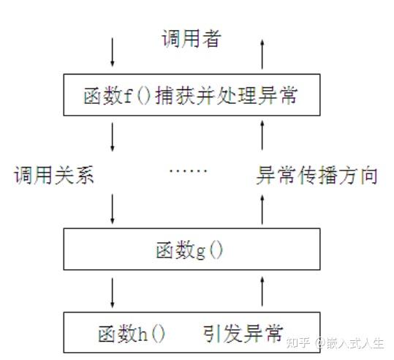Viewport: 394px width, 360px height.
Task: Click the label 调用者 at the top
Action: tap(192, 39)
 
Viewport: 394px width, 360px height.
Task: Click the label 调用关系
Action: tap(54, 175)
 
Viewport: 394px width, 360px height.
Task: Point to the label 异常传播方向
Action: tap(317, 175)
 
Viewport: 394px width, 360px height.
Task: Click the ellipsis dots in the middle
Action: tap(188, 170)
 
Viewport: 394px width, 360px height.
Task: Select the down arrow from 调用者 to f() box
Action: tap(113, 52)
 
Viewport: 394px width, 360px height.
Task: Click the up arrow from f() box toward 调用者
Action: tap(262, 54)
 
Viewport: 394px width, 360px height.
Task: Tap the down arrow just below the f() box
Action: tap(113, 137)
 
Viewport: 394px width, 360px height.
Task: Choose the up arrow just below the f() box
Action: tap(262, 135)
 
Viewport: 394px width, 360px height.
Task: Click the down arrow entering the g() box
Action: tap(113, 209)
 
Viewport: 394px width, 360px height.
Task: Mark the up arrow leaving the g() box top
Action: tap(262, 210)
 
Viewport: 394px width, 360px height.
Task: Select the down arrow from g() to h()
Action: tap(113, 293)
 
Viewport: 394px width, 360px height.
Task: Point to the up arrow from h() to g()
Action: tap(262, 291)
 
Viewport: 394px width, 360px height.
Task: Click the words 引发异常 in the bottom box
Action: tap(243, 334)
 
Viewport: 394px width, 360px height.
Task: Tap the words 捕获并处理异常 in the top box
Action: tap(227, 95)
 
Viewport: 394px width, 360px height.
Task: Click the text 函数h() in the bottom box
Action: tap(132, 334)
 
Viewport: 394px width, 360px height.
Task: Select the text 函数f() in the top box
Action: tap(117, 95)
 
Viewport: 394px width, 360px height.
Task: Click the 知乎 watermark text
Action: tap(298, 342)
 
